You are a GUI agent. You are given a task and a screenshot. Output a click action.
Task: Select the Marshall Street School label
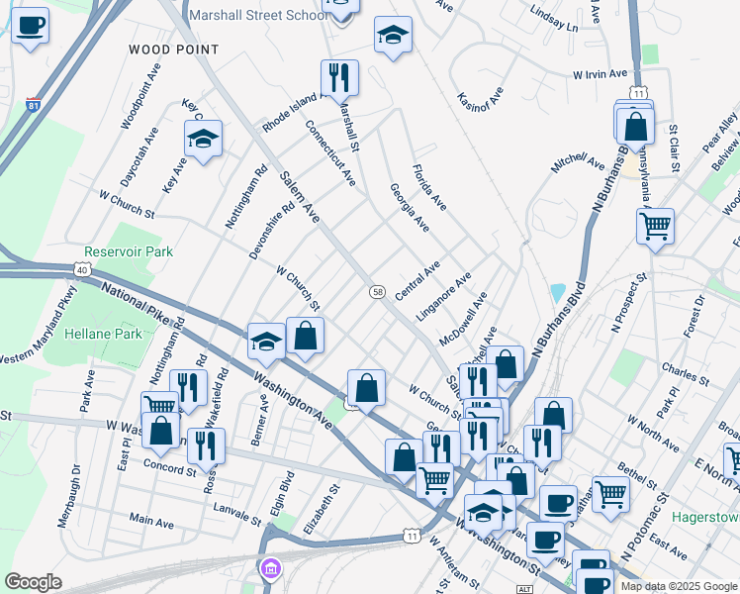(259, 16)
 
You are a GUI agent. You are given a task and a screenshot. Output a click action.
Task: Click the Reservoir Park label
(129, 251)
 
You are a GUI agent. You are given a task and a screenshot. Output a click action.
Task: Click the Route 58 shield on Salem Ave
(377, 291)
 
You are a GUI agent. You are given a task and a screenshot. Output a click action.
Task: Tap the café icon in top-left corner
(32, 26)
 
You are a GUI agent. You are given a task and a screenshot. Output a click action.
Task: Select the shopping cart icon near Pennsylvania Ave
(655, 226)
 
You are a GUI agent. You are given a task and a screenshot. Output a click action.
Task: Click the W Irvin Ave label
(601, 74)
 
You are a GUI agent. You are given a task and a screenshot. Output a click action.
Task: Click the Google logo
(33, 582)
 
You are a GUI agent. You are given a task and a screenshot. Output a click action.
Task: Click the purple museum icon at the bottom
(270, 570)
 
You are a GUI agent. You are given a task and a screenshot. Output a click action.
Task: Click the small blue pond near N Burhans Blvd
(559, 293)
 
